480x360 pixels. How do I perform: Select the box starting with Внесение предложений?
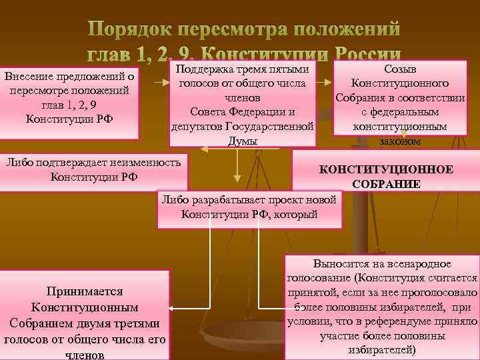(70, 102)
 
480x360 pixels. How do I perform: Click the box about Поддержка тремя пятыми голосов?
(243, 103)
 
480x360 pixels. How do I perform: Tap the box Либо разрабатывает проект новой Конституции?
(249, 208)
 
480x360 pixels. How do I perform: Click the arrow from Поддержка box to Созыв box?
(326, 84)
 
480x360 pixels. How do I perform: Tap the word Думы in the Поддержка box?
(243, 141)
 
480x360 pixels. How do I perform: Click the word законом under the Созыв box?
(400, 141)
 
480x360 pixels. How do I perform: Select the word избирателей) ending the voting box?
(383, 350)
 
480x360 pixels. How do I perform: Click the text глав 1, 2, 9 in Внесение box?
(70, 105)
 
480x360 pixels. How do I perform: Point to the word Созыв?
(401, 69)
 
